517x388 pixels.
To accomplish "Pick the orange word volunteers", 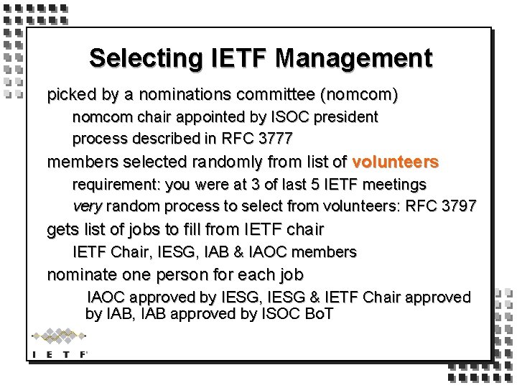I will pyautogui.click(x=396, y=162).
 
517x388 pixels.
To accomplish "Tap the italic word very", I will pyautogui.click(x=87, y=206).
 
